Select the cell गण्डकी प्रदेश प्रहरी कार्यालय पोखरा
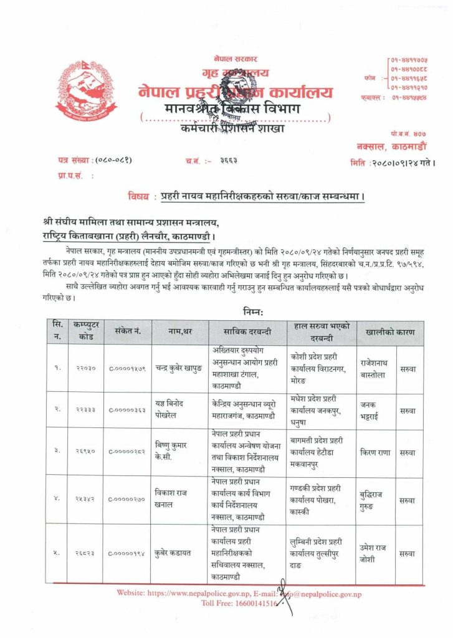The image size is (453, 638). point(320,498)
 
